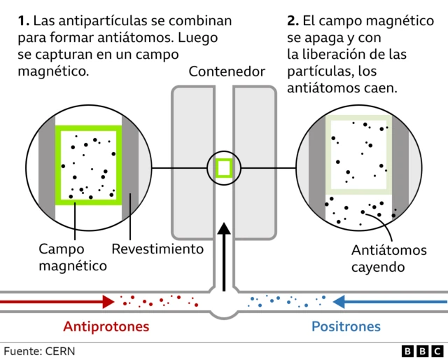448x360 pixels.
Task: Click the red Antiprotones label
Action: click(x=106, y=326)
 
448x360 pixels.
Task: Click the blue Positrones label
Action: click(x=346, y=326)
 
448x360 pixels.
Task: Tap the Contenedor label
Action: click(x=227, y=71)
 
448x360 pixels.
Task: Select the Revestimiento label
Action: click(x=157, y=249)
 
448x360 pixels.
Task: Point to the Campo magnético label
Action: click(x=72, y=257)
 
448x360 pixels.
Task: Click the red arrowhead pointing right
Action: click(x=108, y=301)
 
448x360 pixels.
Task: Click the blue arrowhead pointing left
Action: click(x=340, y=302)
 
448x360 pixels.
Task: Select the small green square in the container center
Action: click(x=224, y=168)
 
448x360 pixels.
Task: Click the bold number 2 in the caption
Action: click(x=291, y=21)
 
